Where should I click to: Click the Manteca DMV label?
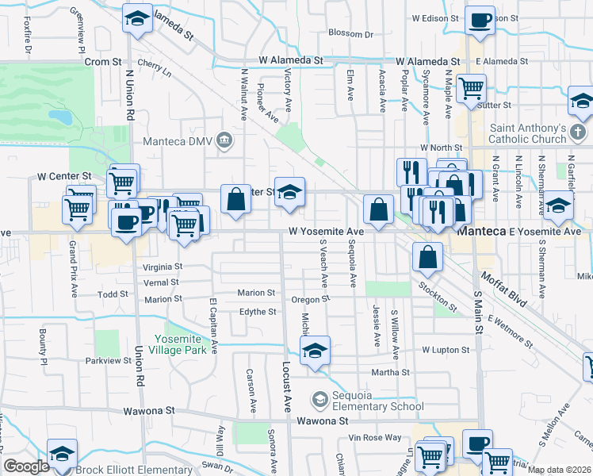pyautogui.click(x=178, y=142)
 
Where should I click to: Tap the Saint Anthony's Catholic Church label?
pyautogui.click(x=528, y=135)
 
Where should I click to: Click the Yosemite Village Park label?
pyautogui.click(x=192, y=341)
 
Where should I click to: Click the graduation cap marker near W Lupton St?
pyautogui.click(x=315, y=351)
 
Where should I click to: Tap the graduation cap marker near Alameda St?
pyautogui.click(x=137, y=18)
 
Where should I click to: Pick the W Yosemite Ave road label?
pyautogui.click(x=326, y=232)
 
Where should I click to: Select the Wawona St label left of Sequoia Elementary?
pyautogui.click(x=149, y=411)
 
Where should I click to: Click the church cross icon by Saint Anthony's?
pyautogui.click(x=580, y=131)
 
